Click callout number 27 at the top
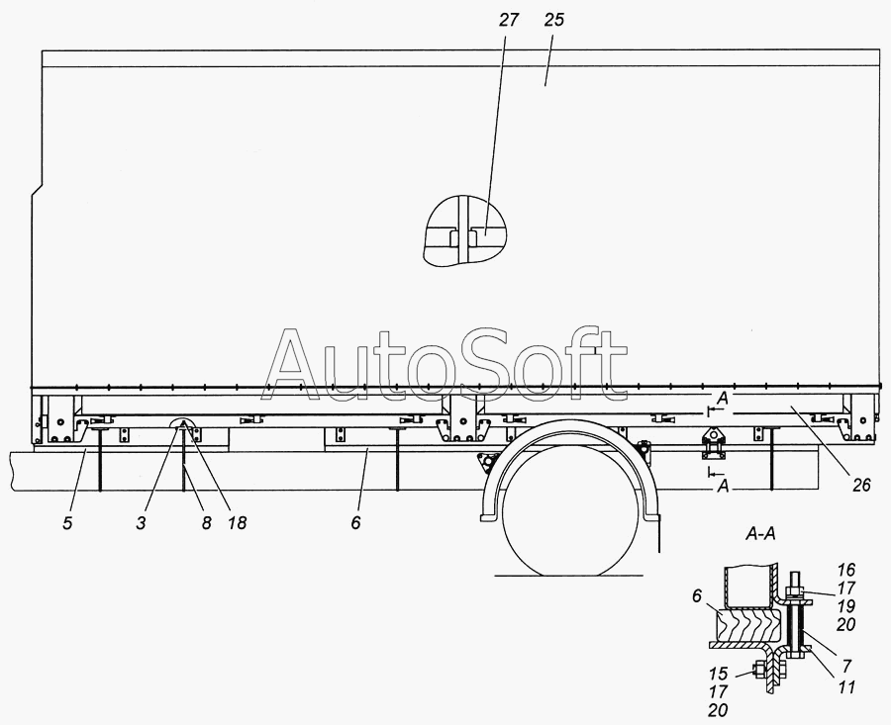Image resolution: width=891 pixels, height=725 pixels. (509, 20)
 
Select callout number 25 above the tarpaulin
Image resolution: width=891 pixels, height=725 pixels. (554, 20)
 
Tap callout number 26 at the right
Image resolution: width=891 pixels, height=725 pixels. (861, 486)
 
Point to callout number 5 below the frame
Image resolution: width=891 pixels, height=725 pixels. (67, 523)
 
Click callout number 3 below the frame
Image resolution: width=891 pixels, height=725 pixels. (141, 523)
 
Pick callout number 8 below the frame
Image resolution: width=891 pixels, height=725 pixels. (206, 523)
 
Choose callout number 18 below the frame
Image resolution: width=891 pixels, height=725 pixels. (238, 523)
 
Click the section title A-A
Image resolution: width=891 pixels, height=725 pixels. (760, 534)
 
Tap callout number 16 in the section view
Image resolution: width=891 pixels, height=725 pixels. (846, 570)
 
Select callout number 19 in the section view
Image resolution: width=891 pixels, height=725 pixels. (846, 606)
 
